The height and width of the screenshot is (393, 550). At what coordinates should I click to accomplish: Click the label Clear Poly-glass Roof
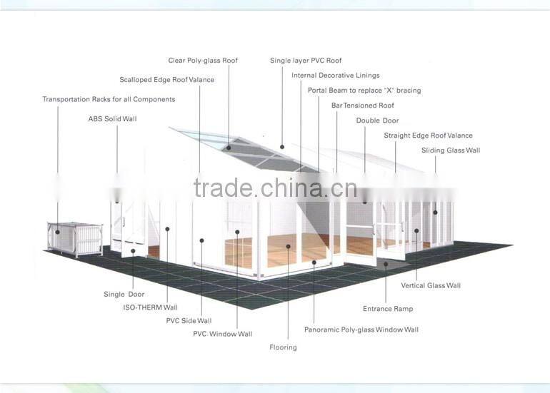[x=203, y=61]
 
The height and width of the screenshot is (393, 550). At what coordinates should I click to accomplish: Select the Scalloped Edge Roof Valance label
[x=166, y=80]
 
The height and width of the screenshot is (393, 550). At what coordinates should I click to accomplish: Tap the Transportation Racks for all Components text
[x=109, y=99]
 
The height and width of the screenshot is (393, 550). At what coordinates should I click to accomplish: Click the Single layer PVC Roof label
[x=306, y=61]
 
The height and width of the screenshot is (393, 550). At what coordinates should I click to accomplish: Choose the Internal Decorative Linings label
[x=335, y=75]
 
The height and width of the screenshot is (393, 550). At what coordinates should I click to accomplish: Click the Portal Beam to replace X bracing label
[x=364, y=91]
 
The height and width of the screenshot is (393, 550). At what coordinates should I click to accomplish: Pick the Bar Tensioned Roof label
[x=362, y=106]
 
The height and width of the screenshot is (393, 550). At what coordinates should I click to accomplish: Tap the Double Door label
[x=377, y=121]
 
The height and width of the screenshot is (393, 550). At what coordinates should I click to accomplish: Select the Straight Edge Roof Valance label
[x=428, y=136]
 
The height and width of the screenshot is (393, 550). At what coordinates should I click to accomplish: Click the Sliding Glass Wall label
[x=450, y=150]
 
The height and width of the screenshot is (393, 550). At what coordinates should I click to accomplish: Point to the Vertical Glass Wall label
[x=431, y=285]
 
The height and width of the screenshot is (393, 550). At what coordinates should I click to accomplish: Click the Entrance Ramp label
[x=388, y=309]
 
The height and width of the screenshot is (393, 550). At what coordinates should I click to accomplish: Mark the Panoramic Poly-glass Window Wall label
[x=361, y=330]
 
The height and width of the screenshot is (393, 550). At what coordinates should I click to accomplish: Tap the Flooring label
[x=283, y=347]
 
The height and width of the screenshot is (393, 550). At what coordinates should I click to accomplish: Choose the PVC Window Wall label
[x=222, y=334]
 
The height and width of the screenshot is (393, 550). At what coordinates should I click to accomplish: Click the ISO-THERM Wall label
[x=150, y=307]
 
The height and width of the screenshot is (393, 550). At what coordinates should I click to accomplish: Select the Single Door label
[x=124, y=294]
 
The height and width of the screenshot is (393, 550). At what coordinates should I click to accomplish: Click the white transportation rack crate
[x=75, y=238]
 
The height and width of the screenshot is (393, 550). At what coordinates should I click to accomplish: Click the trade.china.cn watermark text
[x=274, y=188]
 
